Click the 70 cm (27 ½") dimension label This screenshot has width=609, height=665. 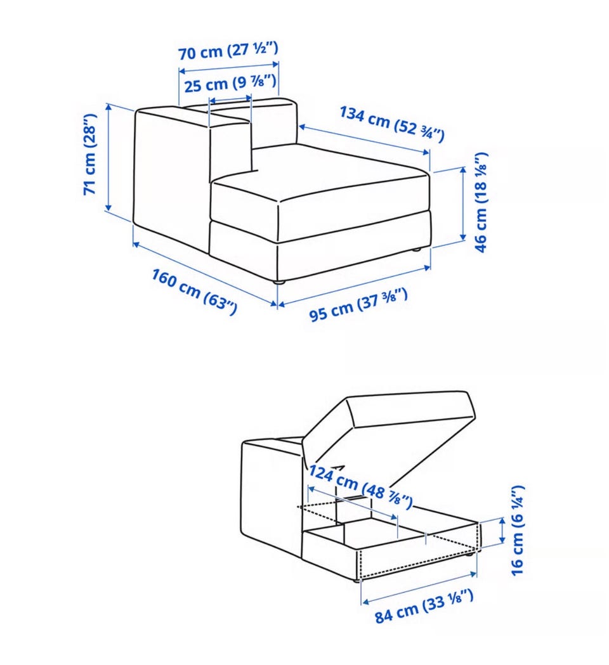(x=228, y=51)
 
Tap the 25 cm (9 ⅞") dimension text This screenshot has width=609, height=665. (x=230, y=83)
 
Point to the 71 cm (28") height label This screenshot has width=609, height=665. (x=89, y=155)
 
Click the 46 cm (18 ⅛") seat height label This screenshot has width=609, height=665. (x=480, y=203)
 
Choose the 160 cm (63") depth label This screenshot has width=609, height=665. (x=194, y=291)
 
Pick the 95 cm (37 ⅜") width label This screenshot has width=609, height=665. (x=358, y=304)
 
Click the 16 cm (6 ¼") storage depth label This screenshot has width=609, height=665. (x=518, y=531)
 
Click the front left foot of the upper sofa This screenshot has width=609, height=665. (x=278, y=281)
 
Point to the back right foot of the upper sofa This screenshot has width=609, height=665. (x=417, y=249)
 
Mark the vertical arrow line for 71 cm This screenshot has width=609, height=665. (x=108, y=157)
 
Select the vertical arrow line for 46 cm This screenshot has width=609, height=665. (x=462, y=204)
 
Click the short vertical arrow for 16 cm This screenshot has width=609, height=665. (x=502, y=530)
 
